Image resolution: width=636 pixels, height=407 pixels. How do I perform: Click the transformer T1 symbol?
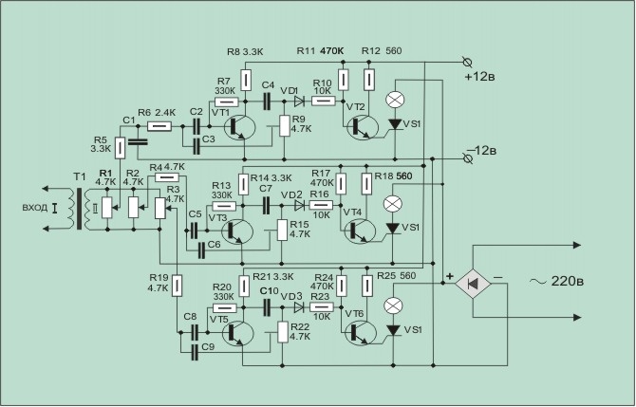coord(79,209)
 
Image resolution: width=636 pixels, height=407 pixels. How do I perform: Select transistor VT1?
coord(240,127)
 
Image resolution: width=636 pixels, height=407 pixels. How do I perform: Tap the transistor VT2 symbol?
coord(363,127)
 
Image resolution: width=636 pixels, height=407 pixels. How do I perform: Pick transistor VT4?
coord(360,231)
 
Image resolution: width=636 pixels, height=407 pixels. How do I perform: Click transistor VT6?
coord(360,332)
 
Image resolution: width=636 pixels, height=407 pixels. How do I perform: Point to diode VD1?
coord(299,101)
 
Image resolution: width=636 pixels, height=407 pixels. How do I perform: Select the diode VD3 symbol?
coord(299,306)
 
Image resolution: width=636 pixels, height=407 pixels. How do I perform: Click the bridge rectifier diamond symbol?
coord(473,284)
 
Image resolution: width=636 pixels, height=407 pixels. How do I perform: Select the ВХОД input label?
coord(34,208)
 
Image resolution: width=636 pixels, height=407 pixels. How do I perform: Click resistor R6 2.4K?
coord(159,126)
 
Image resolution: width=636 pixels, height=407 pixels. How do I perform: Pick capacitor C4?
coord(267,101)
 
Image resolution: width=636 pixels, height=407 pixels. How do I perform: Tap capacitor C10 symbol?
coord(267,306)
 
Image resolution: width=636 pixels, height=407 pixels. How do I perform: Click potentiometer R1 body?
coord(106,207)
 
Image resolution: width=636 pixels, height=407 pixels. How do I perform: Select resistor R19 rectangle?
coord(177,286)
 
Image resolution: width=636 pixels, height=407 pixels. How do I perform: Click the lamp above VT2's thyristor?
coord(393,100)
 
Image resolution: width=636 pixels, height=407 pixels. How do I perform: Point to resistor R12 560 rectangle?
coord(369,80)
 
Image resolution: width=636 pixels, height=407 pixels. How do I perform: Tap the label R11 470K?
coord(320,51)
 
